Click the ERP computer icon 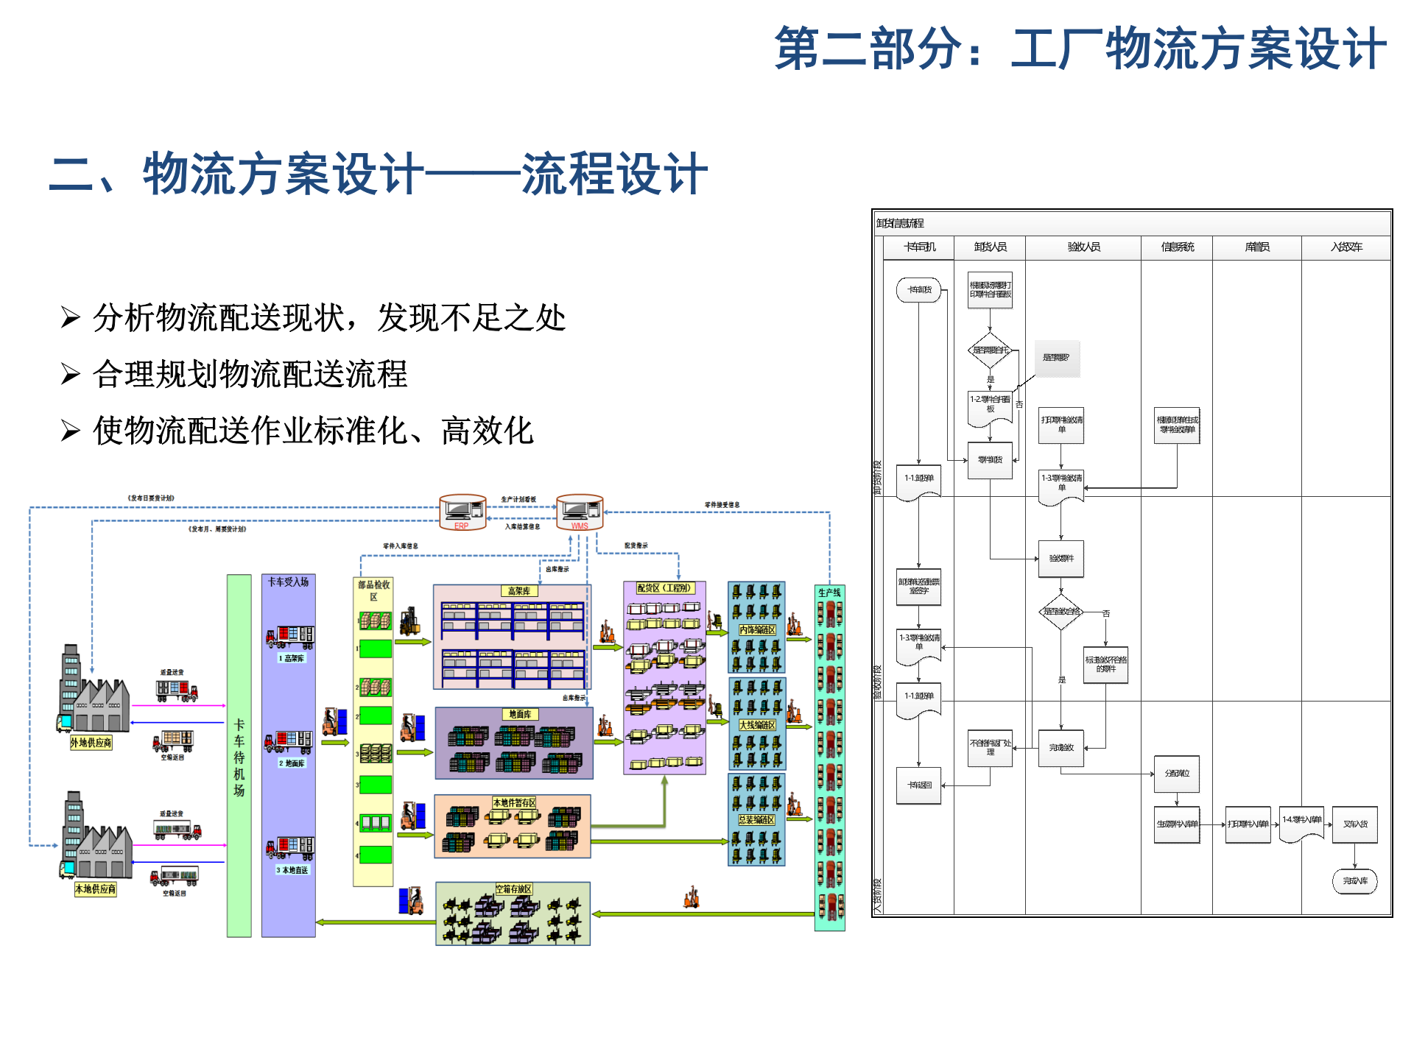click(x=462, y=510)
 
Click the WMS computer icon click(x=580, y=510)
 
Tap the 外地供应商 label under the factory click(x=91, y=743)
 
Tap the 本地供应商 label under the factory click(x=95, y=889)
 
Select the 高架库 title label click(x=519, y=591)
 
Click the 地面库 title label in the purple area click(x=520, y=714)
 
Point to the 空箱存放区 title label click(x=513, y=889)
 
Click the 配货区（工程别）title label click(x=664, y=588)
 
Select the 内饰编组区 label click(x=757, y=630)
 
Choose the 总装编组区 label click(x=757, y=820)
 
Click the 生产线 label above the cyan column click(x=829, y=593)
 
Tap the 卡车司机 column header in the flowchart click(x=919, y=247)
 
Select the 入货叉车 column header click(x=1346, y=247)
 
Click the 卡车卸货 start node click(x=919, y=290)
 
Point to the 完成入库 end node click(x=1354, y=881)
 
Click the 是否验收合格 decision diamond click(x=1060, y=612)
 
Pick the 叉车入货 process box click(x=1354, y=824)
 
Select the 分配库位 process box click(x=1177, y=774)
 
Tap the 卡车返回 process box click(x=919, y=785)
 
